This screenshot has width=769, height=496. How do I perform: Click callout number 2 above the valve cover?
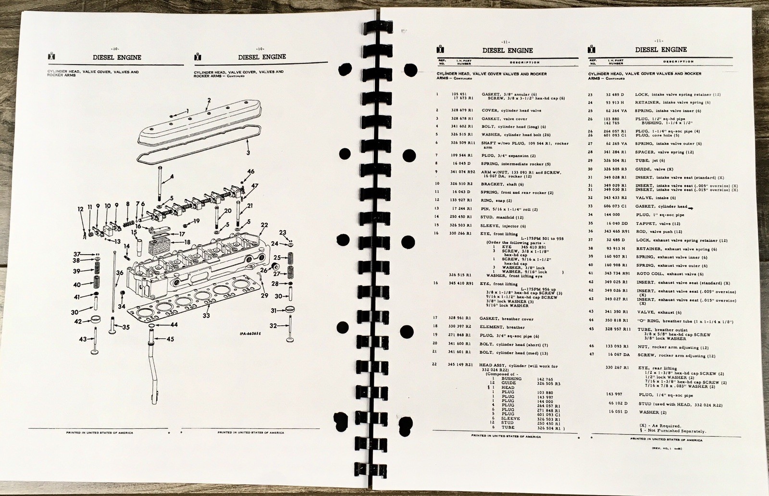point(209,100)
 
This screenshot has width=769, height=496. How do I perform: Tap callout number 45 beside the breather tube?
point(171,339)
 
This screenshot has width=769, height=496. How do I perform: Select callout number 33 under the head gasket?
point(206,316)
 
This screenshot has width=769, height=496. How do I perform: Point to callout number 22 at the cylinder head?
point(264,224)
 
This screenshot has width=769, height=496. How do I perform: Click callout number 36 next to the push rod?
point(119,273)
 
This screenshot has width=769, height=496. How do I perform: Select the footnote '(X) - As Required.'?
point(660,426)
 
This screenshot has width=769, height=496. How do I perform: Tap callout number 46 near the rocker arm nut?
point(251,171)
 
